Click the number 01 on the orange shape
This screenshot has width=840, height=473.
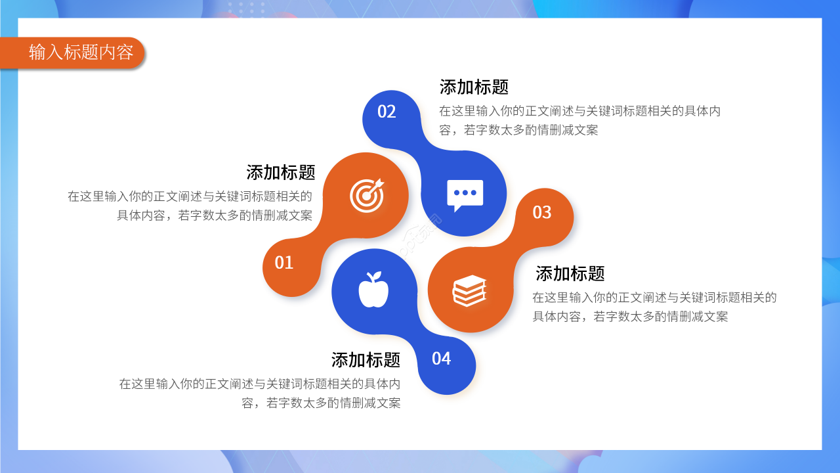pyautogui.click(x=283, y=263)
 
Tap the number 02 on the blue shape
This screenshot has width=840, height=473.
pyautogui.click(x=387, y=112)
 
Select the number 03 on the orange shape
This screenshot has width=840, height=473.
pyautogui.click(x=542, y=212)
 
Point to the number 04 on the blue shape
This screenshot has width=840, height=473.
pyautogui.click(x=441, y=359)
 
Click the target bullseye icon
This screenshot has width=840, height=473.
pyautogui.click(x=367, y=195)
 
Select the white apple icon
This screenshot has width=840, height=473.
pyautogui.click(x=373, y=290)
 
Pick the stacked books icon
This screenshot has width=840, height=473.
pyautogui.click(x=469, y=291)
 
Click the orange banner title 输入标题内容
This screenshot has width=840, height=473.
pyautogui.click(x=81, y=52)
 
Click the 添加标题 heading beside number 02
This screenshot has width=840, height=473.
pyautogui.click(x=474, y=87)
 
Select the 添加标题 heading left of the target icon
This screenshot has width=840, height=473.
pyautogui.click(x=280, y=173)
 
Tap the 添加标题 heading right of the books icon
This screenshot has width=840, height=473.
pyautogui.click(x=570, y=274)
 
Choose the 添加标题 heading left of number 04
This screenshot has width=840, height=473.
pyautogui.click(x=366, y=360)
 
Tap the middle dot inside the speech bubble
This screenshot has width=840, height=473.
pyautogui.click(x=465, y=192)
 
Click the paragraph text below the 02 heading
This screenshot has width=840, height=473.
pyautogui.click(x=579, y=120)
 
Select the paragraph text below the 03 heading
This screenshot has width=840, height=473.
pyautogui.click(x=654, y=307)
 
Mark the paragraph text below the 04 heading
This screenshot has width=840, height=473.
pyautogui.click(x=260, y=394)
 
